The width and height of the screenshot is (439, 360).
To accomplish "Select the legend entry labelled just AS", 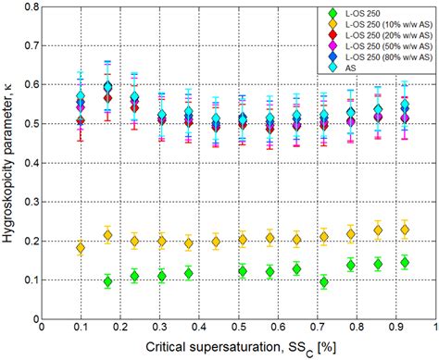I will click(356, 67).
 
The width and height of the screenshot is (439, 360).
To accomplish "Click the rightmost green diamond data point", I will click(405, 263).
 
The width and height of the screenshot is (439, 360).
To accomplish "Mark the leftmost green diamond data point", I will click(107, 281).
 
